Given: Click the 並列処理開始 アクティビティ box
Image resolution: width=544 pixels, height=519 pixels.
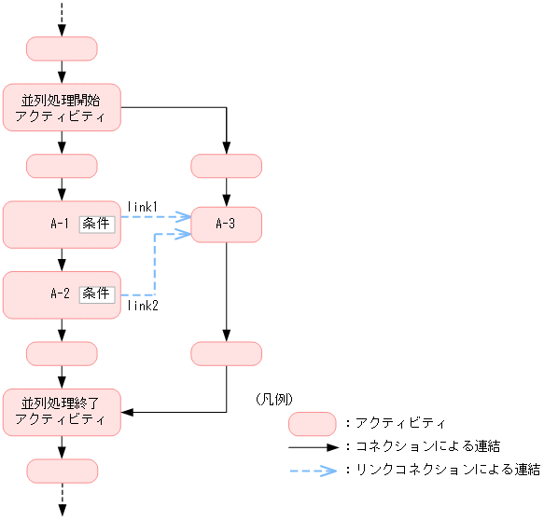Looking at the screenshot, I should pos(63,107).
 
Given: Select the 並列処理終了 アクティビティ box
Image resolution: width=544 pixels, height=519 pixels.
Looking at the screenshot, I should pos(63,412).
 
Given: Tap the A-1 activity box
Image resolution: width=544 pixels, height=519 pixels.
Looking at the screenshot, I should pos(42,224).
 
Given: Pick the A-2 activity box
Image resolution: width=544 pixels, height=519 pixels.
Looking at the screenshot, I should pos(42,294).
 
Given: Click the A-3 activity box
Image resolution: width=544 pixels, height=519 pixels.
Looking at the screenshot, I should pos(226,224).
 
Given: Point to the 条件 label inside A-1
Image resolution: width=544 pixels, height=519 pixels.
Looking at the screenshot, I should pos(97,224).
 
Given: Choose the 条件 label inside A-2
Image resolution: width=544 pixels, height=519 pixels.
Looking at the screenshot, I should pos(97,294).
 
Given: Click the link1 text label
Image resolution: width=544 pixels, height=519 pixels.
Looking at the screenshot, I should pos(143,205).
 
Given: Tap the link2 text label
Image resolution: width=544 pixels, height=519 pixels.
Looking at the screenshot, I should pos(143,305).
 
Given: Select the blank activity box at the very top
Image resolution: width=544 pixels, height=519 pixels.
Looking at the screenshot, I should pos(63,48).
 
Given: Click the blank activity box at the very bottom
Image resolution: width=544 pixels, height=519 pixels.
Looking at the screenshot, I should pos(63,471).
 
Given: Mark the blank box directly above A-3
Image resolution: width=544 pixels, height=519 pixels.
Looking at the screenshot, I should pos(226,166).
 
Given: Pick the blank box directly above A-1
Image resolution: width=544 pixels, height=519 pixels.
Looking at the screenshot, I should pos(63,166).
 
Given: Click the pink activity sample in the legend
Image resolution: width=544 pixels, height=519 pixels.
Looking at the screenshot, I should pos(313,424).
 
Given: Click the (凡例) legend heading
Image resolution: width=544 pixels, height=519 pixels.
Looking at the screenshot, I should pos(273,398).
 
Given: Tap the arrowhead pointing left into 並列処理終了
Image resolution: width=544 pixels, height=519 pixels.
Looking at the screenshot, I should pos(129,412).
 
